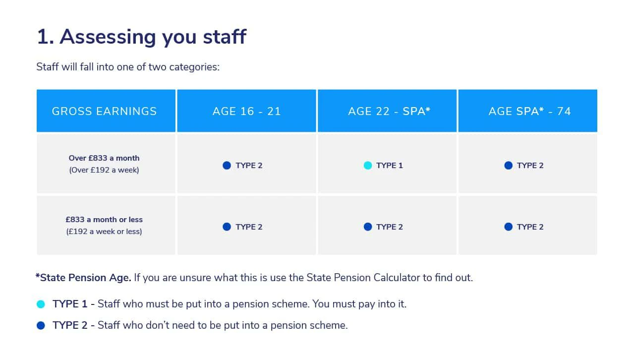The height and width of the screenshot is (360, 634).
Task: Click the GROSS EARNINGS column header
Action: point(104,111)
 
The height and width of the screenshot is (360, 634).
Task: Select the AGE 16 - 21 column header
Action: point(246,111)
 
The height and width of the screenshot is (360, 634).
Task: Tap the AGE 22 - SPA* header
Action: point(389,111)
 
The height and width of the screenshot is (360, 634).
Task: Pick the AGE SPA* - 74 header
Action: point(529,111)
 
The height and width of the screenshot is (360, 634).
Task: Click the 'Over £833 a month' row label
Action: point(104,158)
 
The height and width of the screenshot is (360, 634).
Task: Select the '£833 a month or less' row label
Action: point(104,220)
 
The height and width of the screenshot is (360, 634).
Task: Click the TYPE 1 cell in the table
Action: point(389,166)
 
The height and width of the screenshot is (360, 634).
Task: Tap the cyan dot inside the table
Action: point(368,166)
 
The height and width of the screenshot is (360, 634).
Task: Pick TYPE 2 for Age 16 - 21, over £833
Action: point(249,166)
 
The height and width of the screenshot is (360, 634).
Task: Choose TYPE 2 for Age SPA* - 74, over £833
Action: point(530,166)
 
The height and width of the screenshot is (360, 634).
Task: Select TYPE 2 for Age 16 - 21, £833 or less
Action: point(249,227)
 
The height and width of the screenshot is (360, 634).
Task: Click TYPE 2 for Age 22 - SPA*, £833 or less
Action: point(389,227)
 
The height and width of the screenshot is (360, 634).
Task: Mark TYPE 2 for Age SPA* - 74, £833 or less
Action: point(530,227)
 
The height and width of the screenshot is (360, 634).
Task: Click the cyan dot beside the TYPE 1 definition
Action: point(41,304)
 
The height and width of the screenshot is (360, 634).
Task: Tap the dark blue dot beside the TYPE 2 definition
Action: point(41,326)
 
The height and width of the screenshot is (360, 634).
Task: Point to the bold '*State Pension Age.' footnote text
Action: point(83,278)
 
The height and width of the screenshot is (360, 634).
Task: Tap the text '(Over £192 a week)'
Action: point(104,170)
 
